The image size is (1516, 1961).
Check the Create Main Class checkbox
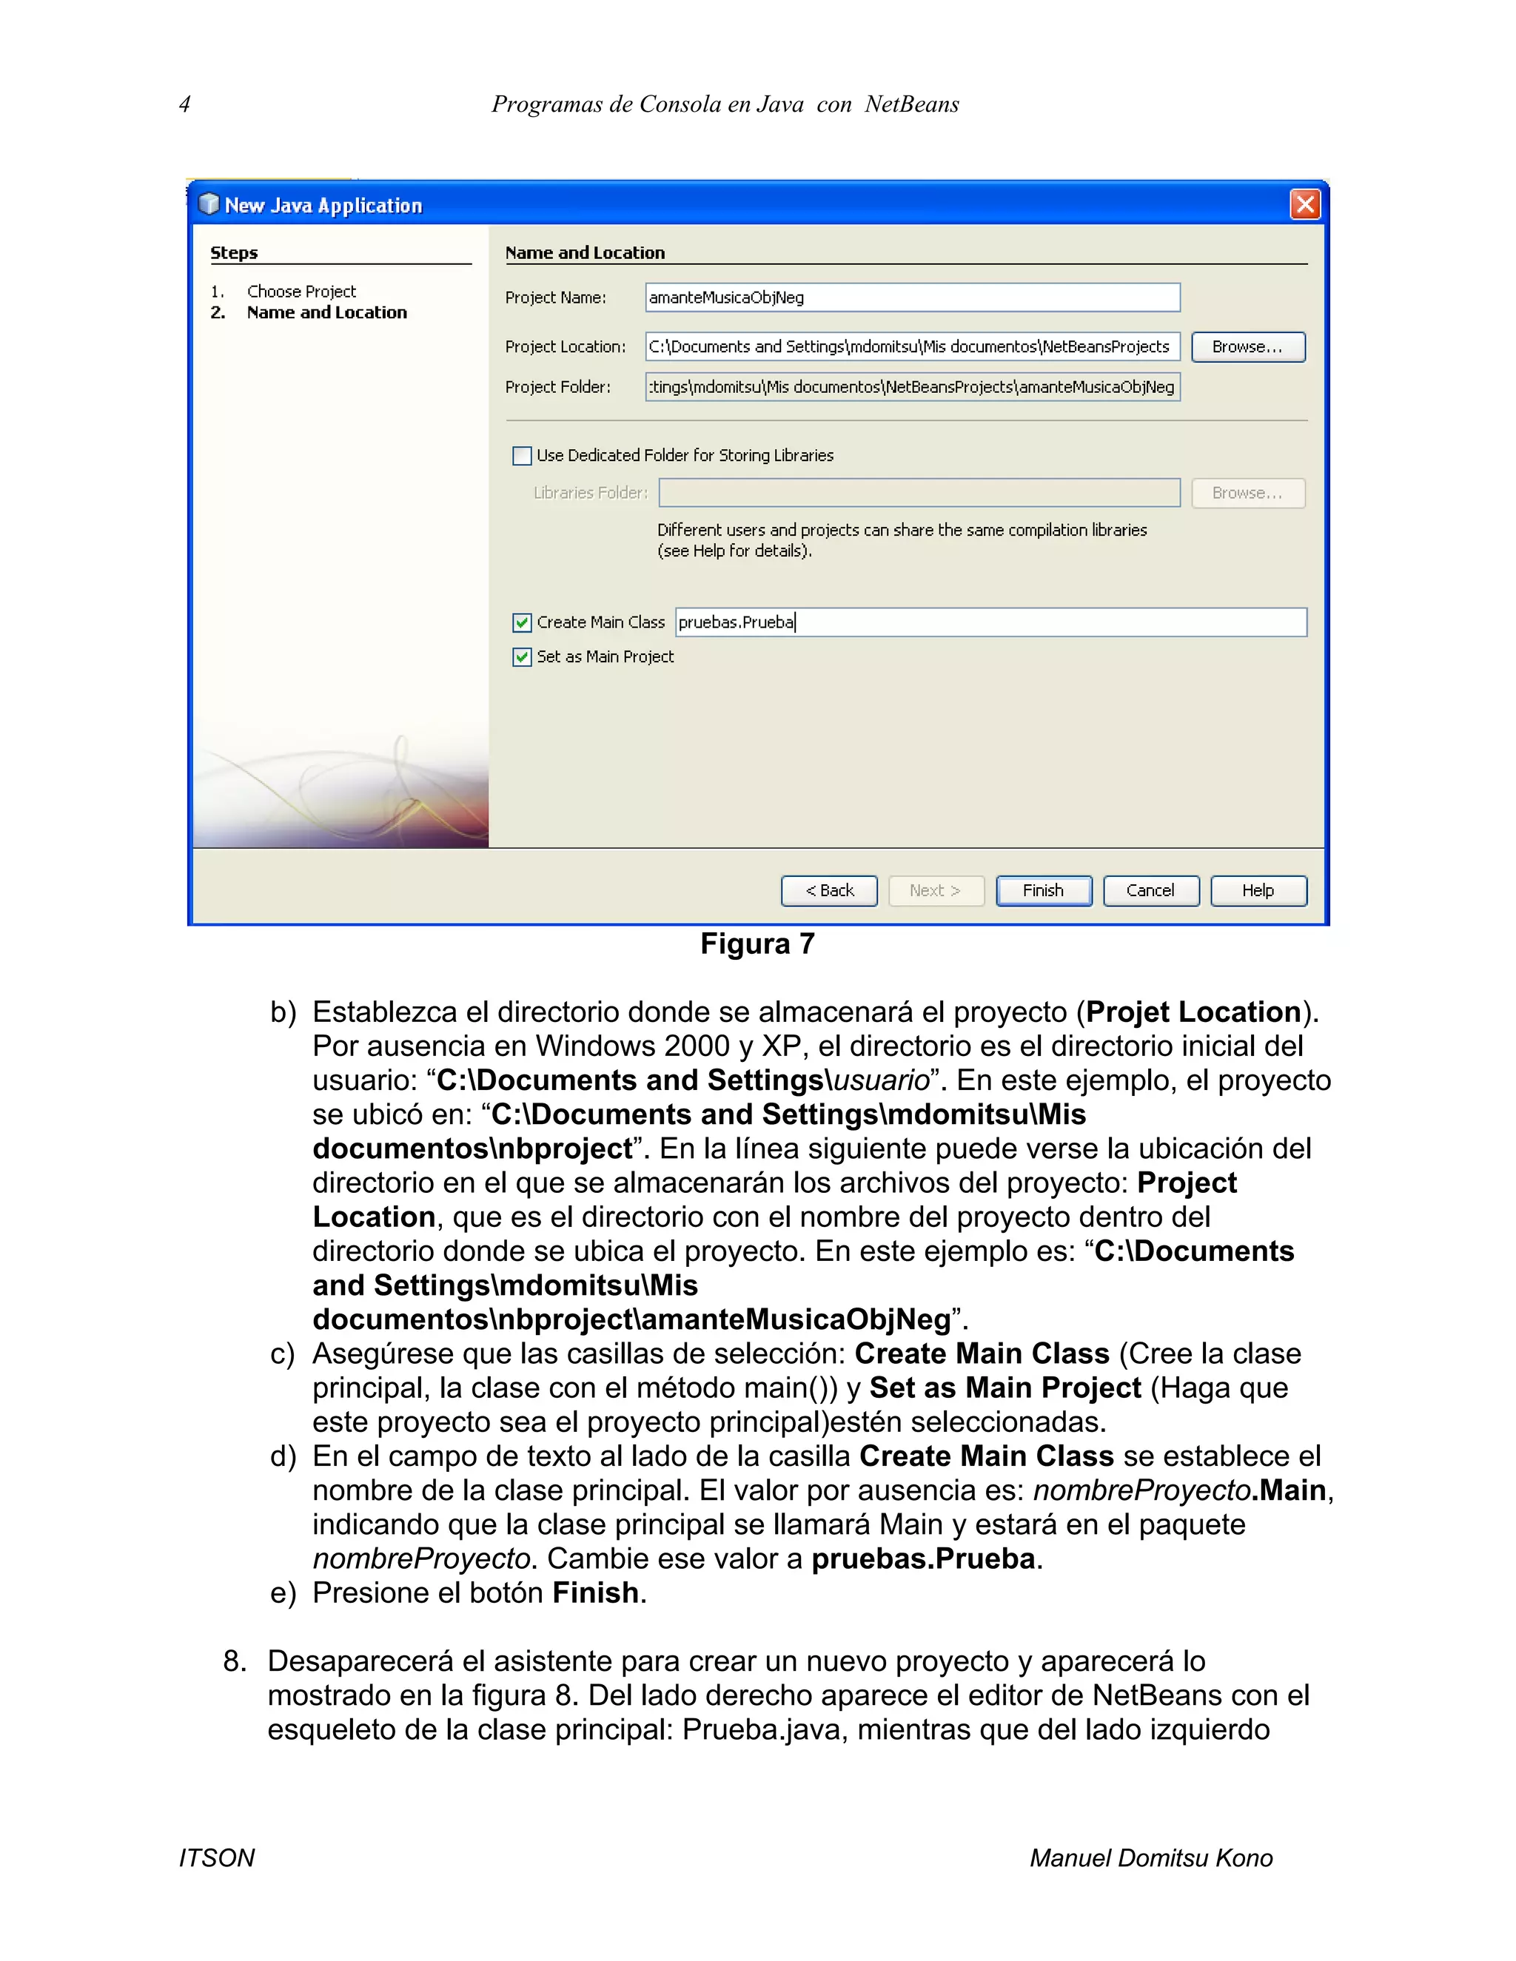[522, 622]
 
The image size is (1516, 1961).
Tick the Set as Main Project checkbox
[522, 657]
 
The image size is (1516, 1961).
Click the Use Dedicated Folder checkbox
[522, 455]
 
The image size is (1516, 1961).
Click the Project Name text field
[911, 297]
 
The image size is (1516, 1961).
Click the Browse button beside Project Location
[1247, 346]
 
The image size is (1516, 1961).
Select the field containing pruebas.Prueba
[990, 622]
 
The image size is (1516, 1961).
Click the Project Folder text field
[911, 387]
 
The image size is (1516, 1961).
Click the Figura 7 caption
[757, 943]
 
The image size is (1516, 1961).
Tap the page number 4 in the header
[184, 104]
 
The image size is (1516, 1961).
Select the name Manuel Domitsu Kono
[1150, 1857]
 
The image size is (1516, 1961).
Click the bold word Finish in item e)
[595, 1593]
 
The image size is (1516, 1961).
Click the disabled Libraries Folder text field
[919, 493]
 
